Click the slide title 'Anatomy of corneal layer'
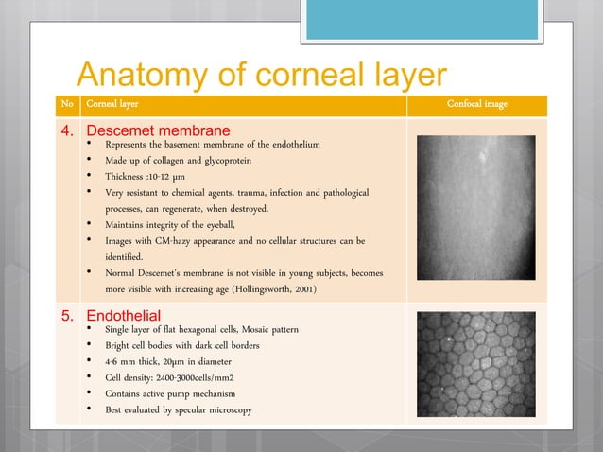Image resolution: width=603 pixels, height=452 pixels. tap(260, 75)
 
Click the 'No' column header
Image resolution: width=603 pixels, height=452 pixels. tap(65, 104)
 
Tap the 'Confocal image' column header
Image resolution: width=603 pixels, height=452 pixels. tap(476, 104)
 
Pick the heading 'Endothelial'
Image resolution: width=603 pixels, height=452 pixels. tap(123, 315)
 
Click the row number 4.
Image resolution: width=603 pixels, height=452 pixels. tap(68, 130)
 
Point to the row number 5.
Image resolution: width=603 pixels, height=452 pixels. tap(68, 315)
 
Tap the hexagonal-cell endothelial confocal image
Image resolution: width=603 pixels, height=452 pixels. tap(476, 363)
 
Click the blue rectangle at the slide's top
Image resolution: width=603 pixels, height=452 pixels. tap(422, 20)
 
